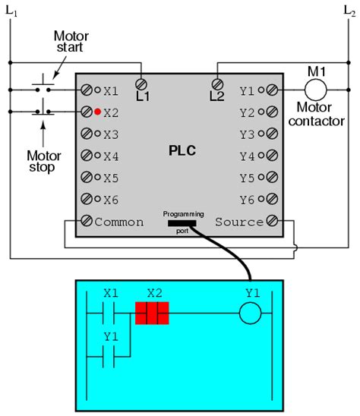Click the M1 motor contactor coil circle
(x=314, y=90)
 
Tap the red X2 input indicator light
(x=98, y=113)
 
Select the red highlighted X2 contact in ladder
(x=151, y=312)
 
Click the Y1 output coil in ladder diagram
(x=251, y=312)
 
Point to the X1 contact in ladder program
(x=111, y=312)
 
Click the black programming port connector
(x=182, y=223)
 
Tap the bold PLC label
(x=182, y=150)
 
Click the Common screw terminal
(x=87, y=222)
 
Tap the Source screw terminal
(x=271, y=222)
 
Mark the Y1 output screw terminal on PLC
(x=271, y=91)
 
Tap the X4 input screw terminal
(x=87, y=156)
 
